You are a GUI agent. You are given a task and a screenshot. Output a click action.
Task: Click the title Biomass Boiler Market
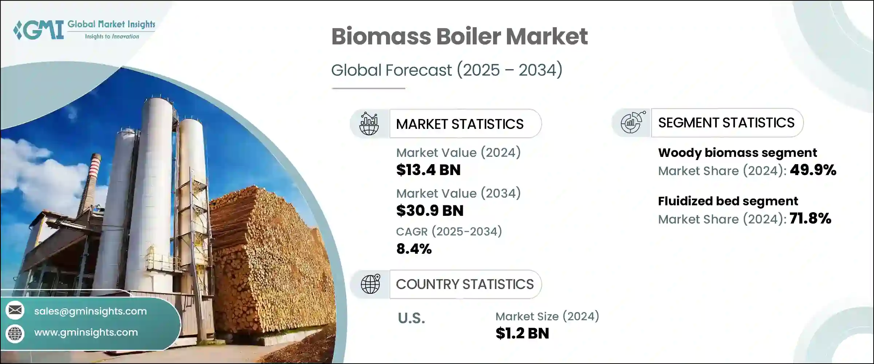tap(459, 36)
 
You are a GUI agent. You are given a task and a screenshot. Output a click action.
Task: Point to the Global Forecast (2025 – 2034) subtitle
tap(446, 70)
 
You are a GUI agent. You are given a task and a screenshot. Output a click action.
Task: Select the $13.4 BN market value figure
tap(428, 170)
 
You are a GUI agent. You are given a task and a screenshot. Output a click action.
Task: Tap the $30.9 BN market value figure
tap(430, 211)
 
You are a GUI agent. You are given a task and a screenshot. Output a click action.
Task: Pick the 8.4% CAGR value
tap(414, 249)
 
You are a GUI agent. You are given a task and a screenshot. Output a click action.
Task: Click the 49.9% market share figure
tap(813, 170)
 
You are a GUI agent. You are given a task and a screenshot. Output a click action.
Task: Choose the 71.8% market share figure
tap(810, 218)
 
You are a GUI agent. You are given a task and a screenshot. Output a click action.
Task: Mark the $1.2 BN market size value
tap(522, 333)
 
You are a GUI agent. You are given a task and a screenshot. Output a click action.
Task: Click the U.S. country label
tap(411, 318)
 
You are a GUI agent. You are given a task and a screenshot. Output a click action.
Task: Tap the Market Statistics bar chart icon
tap(369, 124)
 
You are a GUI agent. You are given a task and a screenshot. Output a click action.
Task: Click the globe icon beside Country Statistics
tap(370, 284)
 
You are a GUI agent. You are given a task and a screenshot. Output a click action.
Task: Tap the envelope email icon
tap(15, 310)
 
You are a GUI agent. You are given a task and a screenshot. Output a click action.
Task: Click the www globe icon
tap(15, 333)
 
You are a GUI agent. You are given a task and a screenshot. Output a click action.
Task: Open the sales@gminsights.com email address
tap(90, 311)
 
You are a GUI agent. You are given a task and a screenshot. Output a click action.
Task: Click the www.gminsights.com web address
tap(86, 332)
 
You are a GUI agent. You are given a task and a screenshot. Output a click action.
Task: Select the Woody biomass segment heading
tap(737, 153)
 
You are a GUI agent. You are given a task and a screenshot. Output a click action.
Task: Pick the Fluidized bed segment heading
tap(728, 201)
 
